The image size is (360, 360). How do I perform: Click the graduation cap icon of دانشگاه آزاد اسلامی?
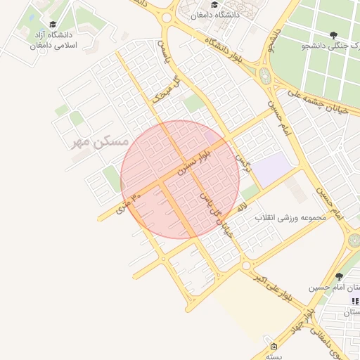(53, 25)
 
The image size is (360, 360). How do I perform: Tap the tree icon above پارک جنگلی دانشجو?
(333, 34)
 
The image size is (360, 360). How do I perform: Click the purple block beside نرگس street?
(273, 168)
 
